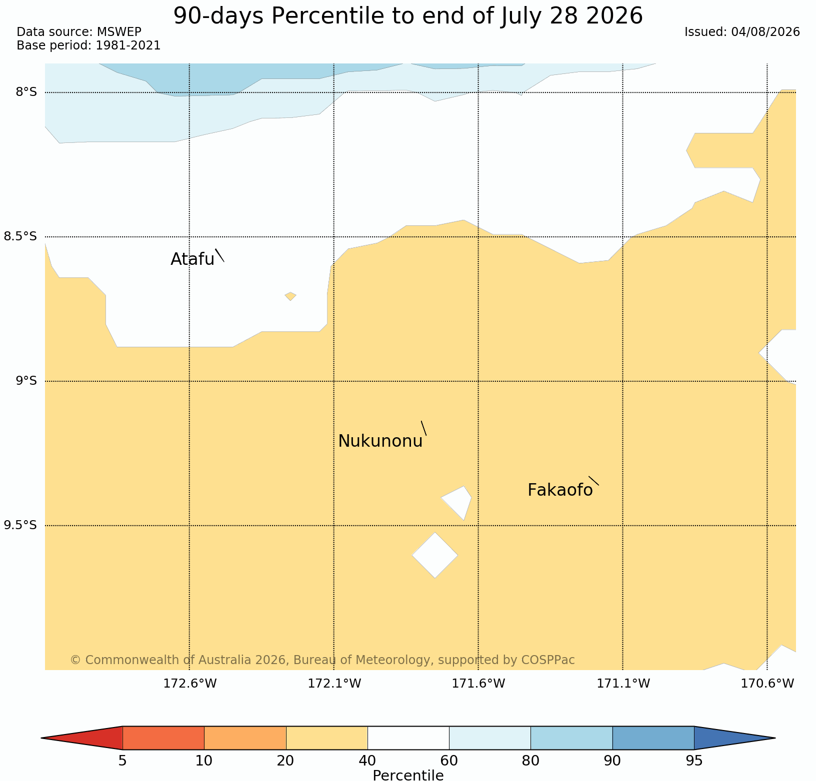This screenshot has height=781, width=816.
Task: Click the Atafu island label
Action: (x=192, y=259)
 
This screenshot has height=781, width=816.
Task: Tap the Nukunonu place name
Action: (x=380, y=441)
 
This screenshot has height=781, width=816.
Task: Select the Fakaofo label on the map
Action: (x=560, y=490)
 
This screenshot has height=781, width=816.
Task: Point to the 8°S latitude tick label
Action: (x=26, y=92)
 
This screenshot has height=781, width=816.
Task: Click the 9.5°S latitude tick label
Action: (x=20, y=525)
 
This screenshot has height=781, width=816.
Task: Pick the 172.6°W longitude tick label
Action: (x=190, y=684)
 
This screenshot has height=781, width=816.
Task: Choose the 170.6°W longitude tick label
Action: (x=767, y=684)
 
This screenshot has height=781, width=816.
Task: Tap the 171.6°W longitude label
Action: (x=478, y=684)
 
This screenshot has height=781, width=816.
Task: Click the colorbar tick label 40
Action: (x=367, y=761)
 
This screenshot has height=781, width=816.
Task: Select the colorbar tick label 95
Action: (x=694, y=761)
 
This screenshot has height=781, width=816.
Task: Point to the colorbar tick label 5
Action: (x=122, y=761)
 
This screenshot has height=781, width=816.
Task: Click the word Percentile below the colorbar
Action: (x=408, y=775)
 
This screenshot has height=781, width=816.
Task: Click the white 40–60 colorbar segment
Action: (x=408, y=738)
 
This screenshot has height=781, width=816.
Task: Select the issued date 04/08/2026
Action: (x=765, y=32)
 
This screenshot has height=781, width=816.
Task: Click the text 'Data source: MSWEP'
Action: (x=79, y=32)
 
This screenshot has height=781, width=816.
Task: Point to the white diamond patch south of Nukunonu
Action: (x=435, y=555)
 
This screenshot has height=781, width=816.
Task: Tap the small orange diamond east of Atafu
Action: (x=290, y=296)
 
